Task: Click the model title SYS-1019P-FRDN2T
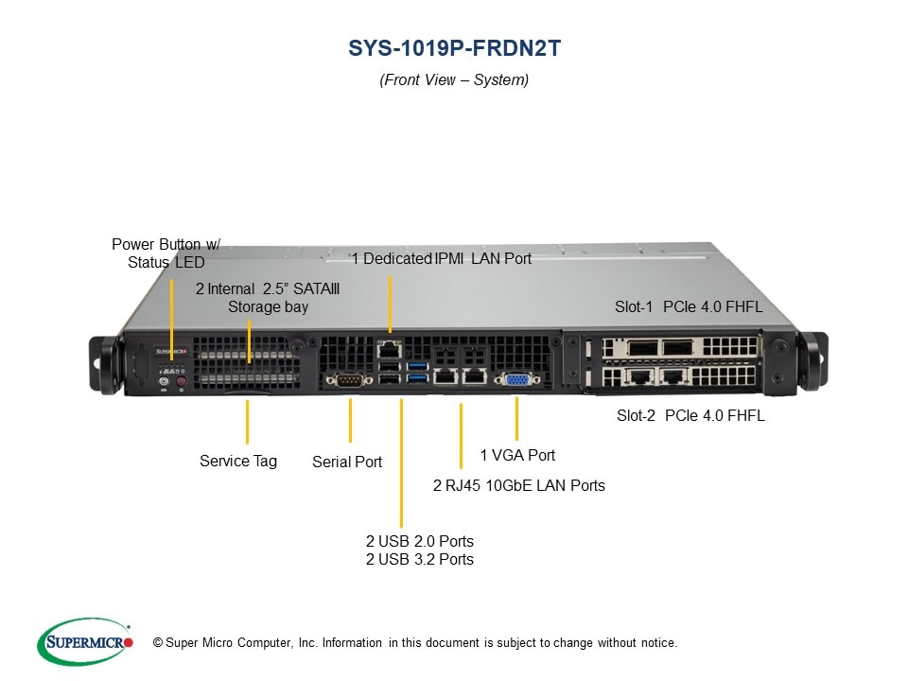[454, 47]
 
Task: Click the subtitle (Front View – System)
[454, 80]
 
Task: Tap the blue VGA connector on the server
[517, 379]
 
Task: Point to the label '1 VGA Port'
[517, 455]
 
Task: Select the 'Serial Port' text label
[347, 463]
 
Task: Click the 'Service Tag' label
[238, 461]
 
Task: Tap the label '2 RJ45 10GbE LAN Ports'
[518, 485]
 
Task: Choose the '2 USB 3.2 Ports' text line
[419, 559]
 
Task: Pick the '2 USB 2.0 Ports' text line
[419, 541]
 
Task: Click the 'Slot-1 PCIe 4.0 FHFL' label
[689, 306]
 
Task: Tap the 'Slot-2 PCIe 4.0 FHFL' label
[690, 415]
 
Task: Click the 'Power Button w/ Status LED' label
[166, 253]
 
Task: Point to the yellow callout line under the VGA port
[517, 418]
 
